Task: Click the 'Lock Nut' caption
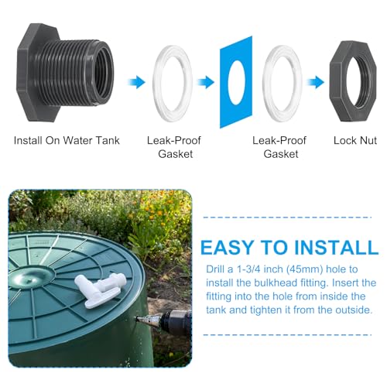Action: coord(355,141)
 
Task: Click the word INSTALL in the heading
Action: coord(334,248)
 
